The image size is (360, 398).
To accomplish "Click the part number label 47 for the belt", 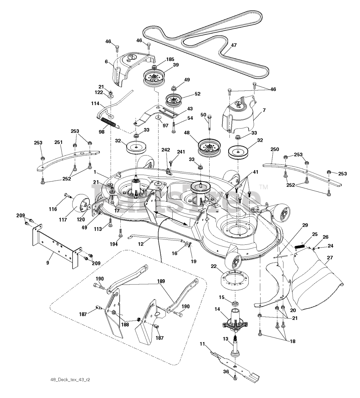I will tap(234, 45).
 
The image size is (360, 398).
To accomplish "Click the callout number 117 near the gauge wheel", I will tap(63, 220).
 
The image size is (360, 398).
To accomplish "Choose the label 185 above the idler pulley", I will tap(170, 59).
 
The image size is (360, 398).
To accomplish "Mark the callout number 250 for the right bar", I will tap(275, 149).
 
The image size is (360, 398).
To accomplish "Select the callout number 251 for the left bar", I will tap(58, 142).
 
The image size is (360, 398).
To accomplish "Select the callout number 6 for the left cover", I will tap(107, 62).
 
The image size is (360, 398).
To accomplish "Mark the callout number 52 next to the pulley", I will tap(197, 94).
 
